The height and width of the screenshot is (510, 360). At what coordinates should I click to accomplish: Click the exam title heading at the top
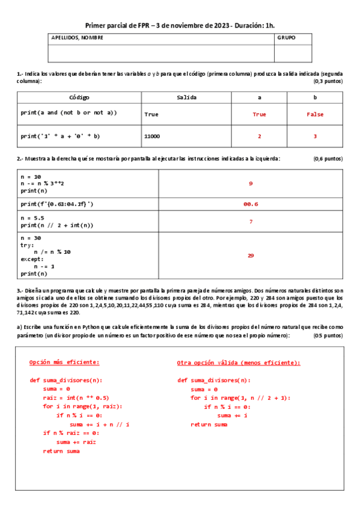coord(180,25)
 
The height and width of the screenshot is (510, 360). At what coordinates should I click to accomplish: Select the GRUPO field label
coord(286,37)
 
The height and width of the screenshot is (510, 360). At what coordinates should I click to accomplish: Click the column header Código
coord(79,97)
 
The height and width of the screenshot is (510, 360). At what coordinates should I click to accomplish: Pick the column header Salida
coord(186,97)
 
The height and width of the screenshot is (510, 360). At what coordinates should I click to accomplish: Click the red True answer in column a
coord(259,114)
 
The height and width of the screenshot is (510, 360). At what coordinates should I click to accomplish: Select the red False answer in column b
coord(315,114)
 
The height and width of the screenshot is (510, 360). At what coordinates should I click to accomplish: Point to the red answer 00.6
coord(251,204)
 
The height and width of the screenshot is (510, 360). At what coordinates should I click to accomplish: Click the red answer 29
coord(251,256)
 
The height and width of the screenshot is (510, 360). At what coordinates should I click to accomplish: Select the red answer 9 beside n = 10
coord(251,183)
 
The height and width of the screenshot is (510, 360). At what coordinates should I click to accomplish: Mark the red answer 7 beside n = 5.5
coord(251,222)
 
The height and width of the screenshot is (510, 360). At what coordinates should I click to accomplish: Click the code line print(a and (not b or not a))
coord(69,112)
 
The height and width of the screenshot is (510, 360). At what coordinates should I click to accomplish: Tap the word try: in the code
coord(27,245)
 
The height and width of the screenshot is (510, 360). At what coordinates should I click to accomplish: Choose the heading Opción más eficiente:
coord(64,362)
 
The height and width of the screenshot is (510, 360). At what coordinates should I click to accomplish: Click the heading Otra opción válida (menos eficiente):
coord(239,363)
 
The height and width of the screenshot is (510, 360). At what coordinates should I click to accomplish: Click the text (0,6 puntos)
coord(328,159)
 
